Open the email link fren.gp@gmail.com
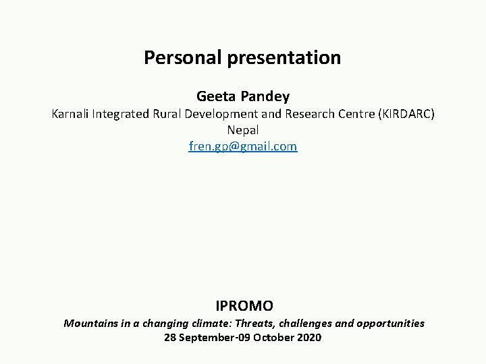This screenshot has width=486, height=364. [x=243, y=146]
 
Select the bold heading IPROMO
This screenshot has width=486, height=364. [x=243, y=305]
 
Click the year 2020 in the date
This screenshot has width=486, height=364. [x=308, y=337]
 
